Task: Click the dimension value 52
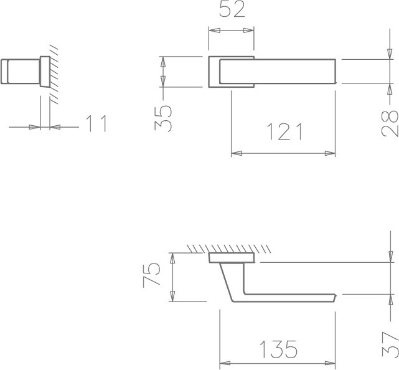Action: click(232, 9)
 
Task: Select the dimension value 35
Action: click(163, 118)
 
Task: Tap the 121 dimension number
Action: click(284, 131)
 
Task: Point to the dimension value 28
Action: click(390, 124)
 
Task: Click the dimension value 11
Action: click(96, 123)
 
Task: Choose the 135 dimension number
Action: click(278, 349)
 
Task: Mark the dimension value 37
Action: click(390, 344)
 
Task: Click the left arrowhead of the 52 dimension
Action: click(214, 31)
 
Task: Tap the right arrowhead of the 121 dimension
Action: click(330, 153)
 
